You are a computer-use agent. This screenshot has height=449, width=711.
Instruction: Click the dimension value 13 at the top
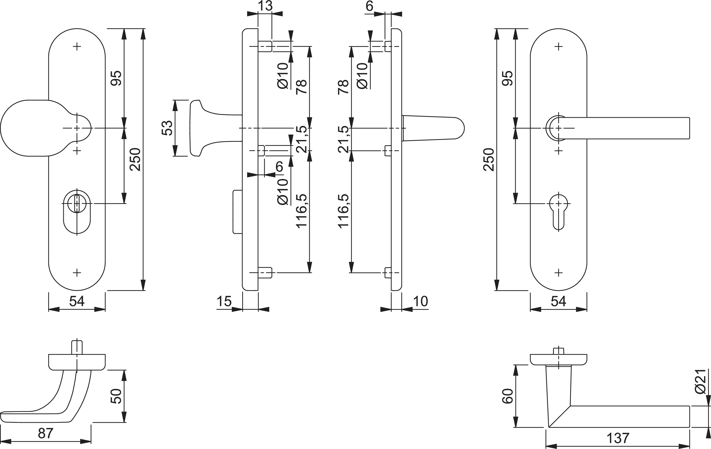coord(265,6)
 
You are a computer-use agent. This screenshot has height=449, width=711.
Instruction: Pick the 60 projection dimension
coord(508,396)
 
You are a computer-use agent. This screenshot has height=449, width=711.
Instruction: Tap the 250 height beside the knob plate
coord(136,160)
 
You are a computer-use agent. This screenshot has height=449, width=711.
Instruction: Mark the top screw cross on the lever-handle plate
coord(558,46)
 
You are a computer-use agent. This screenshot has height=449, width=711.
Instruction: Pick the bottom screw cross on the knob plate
coord(77,273)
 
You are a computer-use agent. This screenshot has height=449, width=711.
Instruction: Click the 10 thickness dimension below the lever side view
coord(420,301)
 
